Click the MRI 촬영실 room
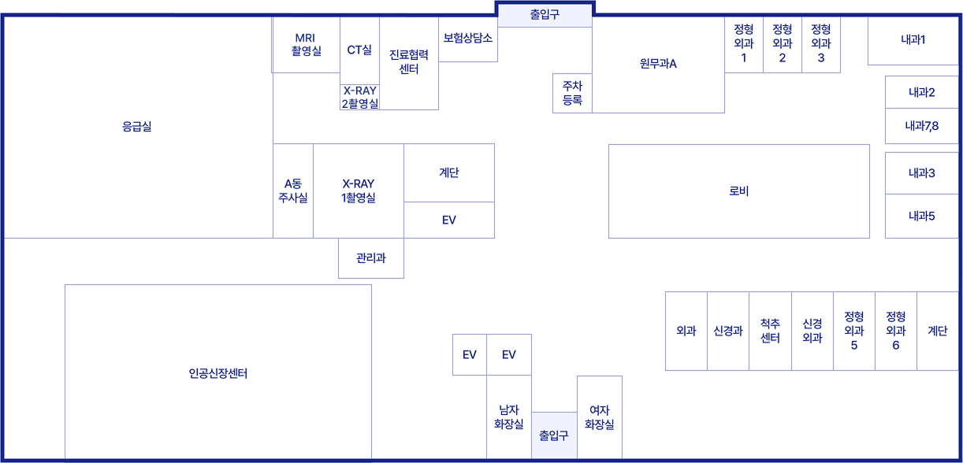[306, 45]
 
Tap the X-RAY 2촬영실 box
[359, 97]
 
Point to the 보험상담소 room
[467, 38]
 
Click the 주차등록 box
[572, 93]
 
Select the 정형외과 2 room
[782, 44]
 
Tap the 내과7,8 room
[921, 126]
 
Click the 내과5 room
[921, 216]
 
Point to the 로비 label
[738, 191]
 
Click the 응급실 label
[136, 127]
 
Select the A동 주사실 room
[293, 191]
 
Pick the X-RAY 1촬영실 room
[359, 191]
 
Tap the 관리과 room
[370, 257]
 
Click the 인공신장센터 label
[218, 373]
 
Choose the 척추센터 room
[770, 331]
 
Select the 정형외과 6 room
[895, 331]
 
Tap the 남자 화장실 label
[508, 417]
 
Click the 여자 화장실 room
[599, 417]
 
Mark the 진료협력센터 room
[408, 62]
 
